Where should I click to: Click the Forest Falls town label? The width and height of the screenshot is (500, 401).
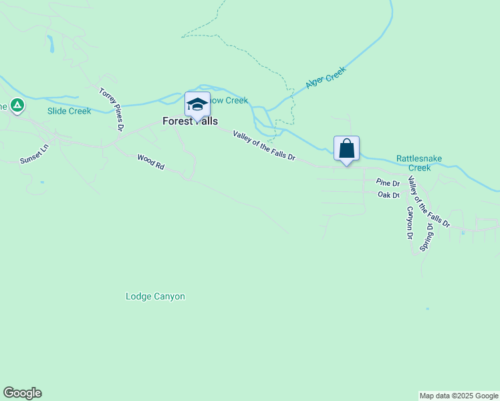coord(190,122)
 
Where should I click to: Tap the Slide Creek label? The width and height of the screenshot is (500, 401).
coord(69,111)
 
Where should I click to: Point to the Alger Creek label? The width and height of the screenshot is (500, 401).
coord(326,78)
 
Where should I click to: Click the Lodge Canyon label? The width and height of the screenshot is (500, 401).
coord(155,296)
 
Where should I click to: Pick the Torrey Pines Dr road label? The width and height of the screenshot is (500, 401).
coord(112,108)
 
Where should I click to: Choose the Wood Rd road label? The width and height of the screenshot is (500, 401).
coord(150,162)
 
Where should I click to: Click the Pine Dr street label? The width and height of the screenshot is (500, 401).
coord(387,182)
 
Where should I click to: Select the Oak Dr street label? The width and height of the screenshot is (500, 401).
coord(388,195)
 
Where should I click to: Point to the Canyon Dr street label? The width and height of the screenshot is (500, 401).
coord(409,222)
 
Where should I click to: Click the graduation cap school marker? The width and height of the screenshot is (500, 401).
coord(197,105)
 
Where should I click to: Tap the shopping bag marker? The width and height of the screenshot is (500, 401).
coord(346,148)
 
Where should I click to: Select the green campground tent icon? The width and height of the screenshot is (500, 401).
coord(17,105)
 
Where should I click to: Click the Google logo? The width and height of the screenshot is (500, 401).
coord(22,393)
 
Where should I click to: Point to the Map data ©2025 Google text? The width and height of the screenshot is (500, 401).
coord(459,396)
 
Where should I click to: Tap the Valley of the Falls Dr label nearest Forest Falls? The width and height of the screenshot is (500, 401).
coord(264,145)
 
